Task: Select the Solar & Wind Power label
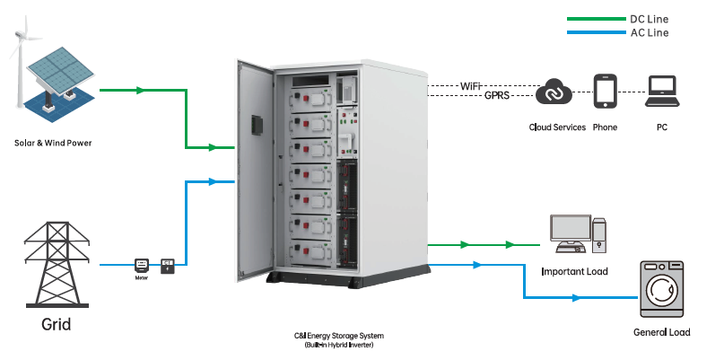tap(53, 143)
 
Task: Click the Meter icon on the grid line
tap(140, 265)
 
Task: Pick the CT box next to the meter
tap(167, 265)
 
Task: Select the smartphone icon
tap(606, 92)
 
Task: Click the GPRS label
tap(497, 94)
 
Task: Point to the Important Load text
tap(575, 270)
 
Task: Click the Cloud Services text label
tap(557, 127)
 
